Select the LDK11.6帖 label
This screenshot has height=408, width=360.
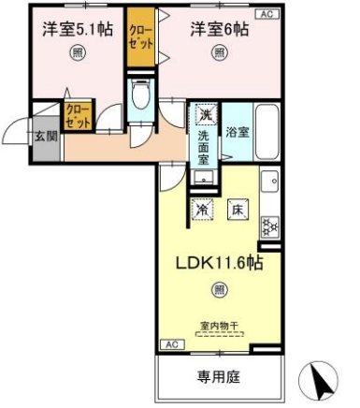(218, 264)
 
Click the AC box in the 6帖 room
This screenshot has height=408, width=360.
(266, 13)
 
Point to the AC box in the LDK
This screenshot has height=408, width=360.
(172, 344)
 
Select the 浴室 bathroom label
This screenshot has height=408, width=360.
(238, 133)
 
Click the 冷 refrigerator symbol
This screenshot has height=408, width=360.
(202, 211)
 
